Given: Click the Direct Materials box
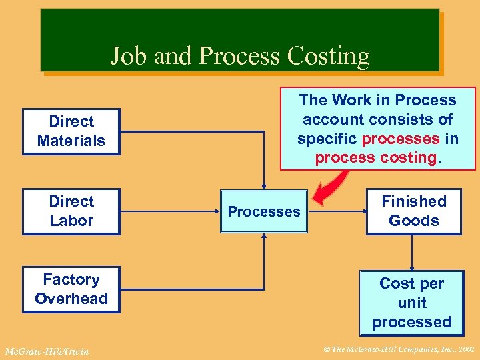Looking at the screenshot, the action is pyautogui.click(x=71, y=131).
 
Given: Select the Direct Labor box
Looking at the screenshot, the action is pyautogui.click(x=71, y=211).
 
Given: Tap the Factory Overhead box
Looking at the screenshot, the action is pyautogui.click(x=71, y=289).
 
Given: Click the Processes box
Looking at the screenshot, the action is pyautogui.click(x=264, y=211).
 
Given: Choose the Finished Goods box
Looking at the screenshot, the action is pyautogui.click(x=413, y=211).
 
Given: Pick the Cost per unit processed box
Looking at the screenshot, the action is pyautogui.click(x=411, y=302).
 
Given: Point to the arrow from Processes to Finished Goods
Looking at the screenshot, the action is pyautogui.click(x=337, y=211).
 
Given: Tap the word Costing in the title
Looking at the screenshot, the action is pyautogui.click(x=329, y=55).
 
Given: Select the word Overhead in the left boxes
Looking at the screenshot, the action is pyautogui.click(x=71, y=299).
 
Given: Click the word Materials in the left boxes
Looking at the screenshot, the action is pyautogui.click(x=71, y=141).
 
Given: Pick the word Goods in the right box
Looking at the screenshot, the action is pyautogui.click(x=413, y=221).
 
